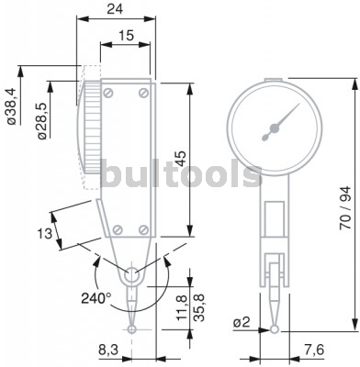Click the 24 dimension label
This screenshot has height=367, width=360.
click(x=115, y=9)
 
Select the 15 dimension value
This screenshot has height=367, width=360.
click(x=126, y=36)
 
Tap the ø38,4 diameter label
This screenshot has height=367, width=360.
click(x=11, y=106)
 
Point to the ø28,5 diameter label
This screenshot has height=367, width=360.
click(x=42, y=121)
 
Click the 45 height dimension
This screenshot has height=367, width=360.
click(x=181, y=159)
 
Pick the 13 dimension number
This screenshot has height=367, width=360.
click(x=45, y=234)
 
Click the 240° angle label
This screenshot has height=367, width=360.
click(x=96, y=298)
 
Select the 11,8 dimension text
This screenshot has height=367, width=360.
click(x=183, y=307)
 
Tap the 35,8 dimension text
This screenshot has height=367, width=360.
click(x=199, y=307)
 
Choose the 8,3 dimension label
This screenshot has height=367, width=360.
click(x=108, y=350)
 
